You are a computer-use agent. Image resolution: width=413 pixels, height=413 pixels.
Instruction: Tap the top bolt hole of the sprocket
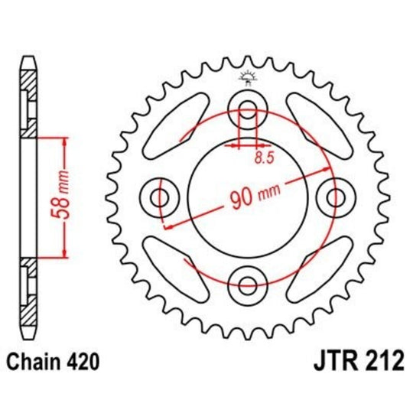click(248, 109)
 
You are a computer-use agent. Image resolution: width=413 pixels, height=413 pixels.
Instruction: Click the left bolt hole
click(160, 198)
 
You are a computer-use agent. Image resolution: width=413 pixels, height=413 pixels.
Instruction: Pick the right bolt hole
click(335, 198)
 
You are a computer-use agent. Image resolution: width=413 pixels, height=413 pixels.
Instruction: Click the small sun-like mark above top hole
click(248, 76)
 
